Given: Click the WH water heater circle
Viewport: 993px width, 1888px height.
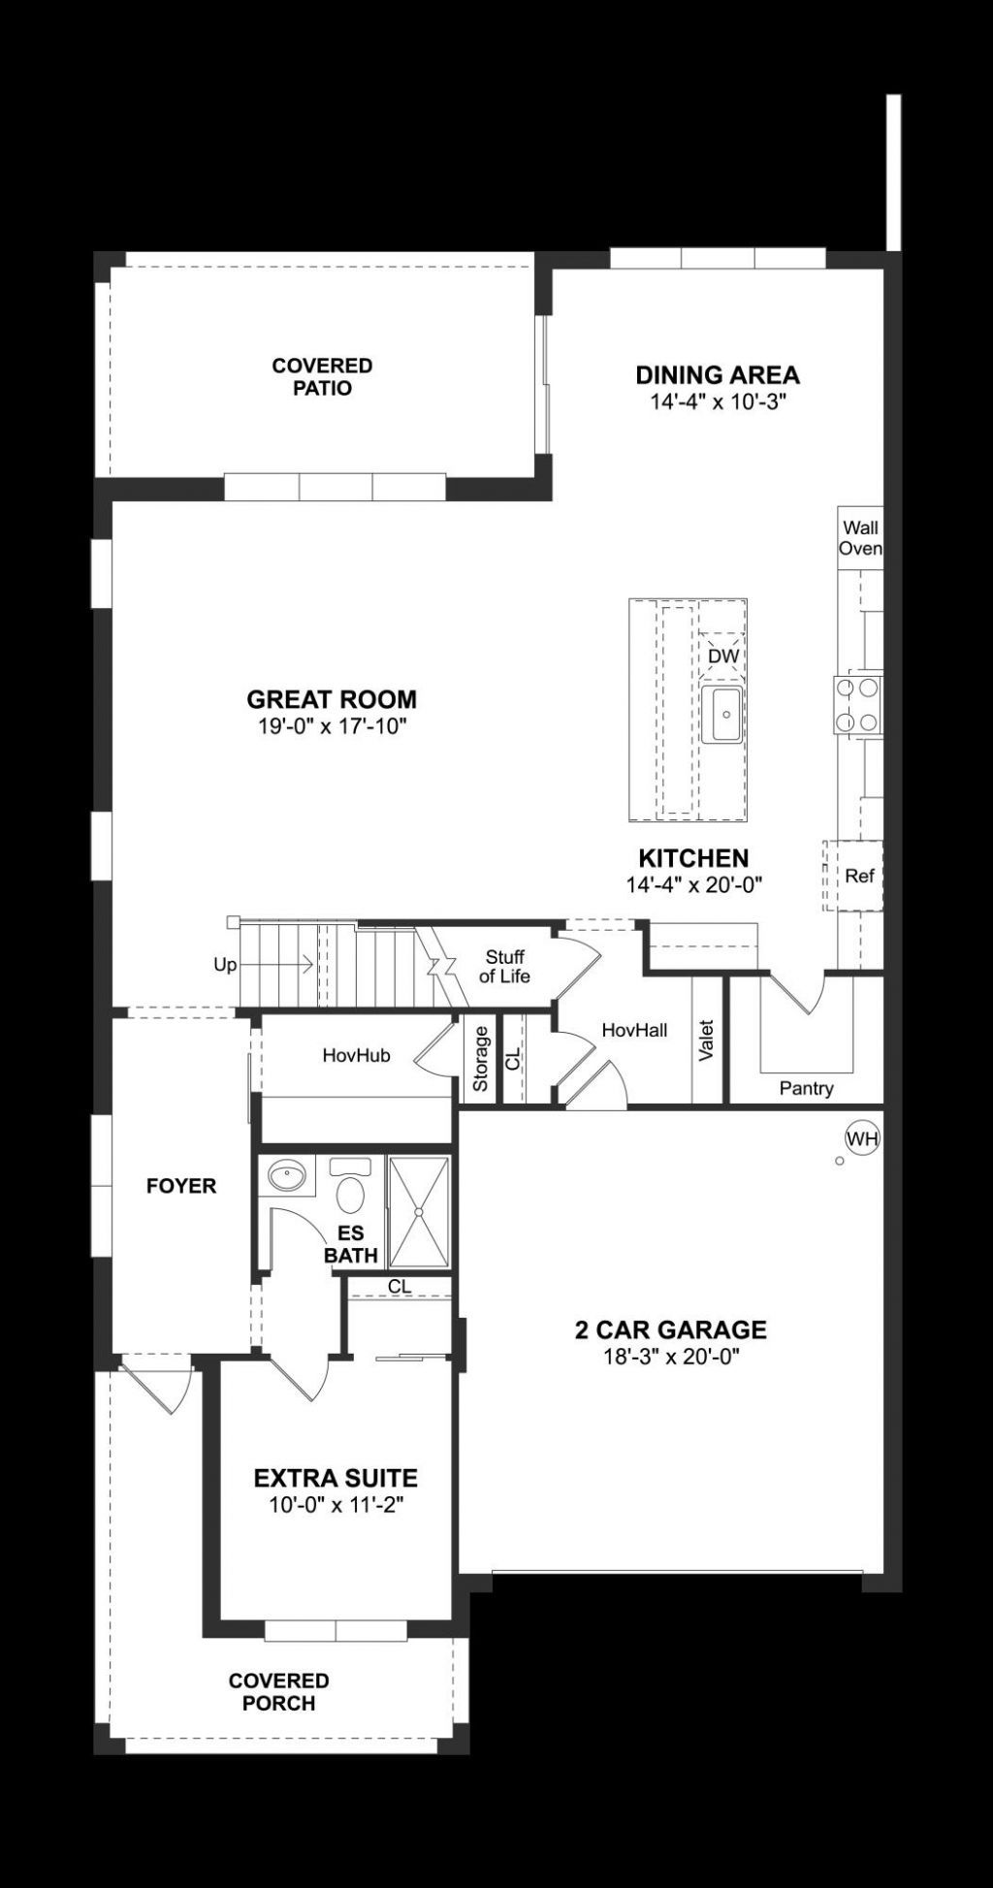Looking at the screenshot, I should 862,1138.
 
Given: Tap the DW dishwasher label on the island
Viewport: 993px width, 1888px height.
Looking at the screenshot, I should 723,656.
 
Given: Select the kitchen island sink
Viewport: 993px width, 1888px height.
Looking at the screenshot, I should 722,715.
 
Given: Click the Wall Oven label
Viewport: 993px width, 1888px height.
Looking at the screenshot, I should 860,538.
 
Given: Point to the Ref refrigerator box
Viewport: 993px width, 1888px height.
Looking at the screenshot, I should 859,876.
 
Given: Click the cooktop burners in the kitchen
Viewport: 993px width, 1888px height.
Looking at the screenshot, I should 858,705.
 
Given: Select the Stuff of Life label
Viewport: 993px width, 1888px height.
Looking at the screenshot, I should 504,967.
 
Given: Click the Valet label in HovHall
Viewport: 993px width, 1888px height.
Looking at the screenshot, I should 706,1040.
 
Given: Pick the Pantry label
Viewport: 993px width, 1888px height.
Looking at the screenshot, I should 806,1088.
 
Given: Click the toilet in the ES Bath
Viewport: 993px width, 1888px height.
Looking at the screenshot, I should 349,1187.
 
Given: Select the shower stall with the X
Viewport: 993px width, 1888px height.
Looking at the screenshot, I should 418,1211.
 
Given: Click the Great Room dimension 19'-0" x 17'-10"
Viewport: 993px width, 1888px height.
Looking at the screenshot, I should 332,726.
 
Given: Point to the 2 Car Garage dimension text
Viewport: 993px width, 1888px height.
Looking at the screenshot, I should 671,1357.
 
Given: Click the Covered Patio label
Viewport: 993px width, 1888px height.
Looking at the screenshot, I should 322,376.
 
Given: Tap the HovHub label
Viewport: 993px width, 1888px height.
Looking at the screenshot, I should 357,1055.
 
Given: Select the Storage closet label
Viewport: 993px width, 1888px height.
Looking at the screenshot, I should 480,1058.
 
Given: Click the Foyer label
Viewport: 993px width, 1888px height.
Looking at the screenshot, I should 181,1186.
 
